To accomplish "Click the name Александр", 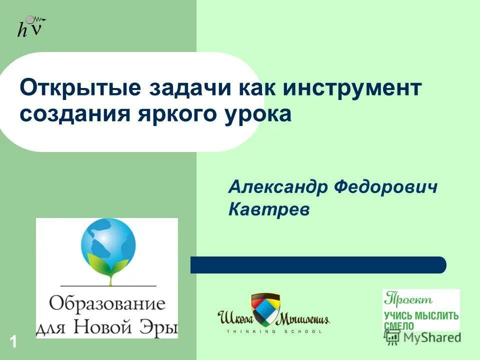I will [x=277, y=188].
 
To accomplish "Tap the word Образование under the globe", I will [x=106, y=303].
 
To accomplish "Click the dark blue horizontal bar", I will [x=318, y=265].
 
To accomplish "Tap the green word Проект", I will [x=408, y=299].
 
